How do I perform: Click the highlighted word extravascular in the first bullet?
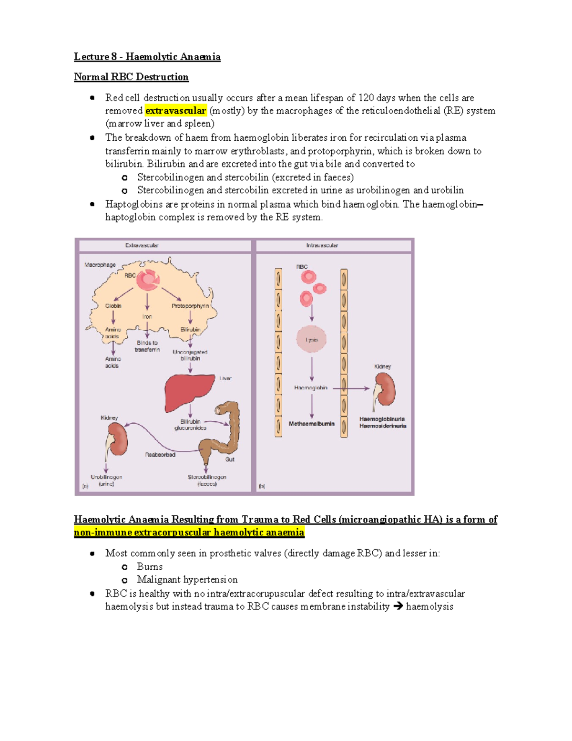(175, 111)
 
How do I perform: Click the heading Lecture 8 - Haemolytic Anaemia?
(147, 57)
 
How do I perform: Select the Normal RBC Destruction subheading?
(131, 77)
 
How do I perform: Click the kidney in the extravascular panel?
(117, 439)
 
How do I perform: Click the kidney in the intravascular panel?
(385, 388)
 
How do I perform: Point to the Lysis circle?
(312, 339)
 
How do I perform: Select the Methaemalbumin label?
(312, 424)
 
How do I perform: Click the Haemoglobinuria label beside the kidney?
(382, 419)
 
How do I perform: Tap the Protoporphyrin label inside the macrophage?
(190, 306)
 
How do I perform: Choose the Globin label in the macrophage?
(113, 306)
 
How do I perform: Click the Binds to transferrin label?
(147, 346)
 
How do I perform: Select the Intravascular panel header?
(322, 245)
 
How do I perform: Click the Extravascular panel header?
(142, 245)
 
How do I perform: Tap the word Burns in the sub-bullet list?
(150, 567)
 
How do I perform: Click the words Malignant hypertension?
(187, 580)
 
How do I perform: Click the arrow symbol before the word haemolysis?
(398, 606)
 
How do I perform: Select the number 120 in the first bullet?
(366, 98)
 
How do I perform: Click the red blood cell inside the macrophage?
(148, 280)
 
